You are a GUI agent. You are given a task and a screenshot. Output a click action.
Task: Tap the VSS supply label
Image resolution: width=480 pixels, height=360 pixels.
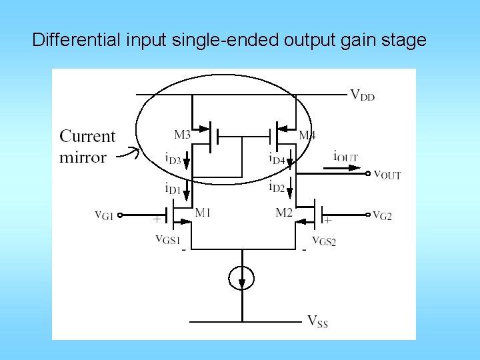point(317,321)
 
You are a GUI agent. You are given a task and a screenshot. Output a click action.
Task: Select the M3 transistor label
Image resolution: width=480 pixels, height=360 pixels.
point(183,135)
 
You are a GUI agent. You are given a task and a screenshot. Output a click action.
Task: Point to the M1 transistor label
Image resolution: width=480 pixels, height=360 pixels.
point(203,213)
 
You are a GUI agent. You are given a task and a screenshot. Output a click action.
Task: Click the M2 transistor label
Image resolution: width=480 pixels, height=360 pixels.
point(284,213)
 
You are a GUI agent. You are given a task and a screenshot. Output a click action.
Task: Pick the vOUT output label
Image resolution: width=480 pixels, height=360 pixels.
point(387,175)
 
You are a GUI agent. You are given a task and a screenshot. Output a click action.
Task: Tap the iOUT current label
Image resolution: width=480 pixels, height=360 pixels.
point(345,157)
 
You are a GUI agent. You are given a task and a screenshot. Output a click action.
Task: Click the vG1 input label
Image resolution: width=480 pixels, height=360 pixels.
point(105,215)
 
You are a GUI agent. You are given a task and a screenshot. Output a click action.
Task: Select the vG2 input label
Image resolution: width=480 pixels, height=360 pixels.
point(382,215)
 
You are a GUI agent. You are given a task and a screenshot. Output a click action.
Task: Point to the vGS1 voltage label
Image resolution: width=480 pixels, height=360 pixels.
point(167,239)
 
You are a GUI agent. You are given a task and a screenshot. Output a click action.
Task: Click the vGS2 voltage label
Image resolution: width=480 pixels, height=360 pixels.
point(324,240)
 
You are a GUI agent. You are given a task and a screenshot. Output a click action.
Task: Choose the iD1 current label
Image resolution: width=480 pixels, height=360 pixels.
point(173,189)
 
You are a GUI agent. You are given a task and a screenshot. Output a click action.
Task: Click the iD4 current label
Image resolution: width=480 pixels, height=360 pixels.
point(277,159)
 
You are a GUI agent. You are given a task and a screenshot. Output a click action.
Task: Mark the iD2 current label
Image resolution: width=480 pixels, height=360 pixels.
point(277,187)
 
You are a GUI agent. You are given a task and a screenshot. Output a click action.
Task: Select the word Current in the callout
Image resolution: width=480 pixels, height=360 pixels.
point(87,137)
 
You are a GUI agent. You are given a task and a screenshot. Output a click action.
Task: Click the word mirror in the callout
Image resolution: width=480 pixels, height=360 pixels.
point(83,157)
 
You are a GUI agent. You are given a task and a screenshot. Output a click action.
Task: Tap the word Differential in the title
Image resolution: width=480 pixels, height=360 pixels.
point(75,40)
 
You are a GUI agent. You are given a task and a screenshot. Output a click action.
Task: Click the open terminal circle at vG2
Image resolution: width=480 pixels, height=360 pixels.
point(367,215)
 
